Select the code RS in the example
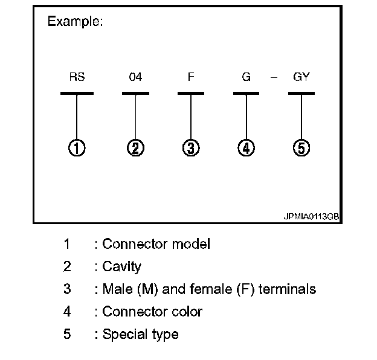tap(77, 77)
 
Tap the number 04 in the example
tap(135, 77)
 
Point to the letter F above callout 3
tap(191, 77)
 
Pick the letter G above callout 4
tap(246, 77)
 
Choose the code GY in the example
tap(301, 77)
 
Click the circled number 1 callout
tap(77, 147)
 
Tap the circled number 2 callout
tap(135, 147)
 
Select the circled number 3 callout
tap(191, 147)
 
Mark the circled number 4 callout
tap(246, 147)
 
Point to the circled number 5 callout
tap(301, 147)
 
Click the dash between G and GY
tap(274, 78)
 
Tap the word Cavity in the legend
tap(122, 267)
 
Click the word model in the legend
tap(190, 245)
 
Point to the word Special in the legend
tap(124, 334)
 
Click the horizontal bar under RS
tap(77, 94)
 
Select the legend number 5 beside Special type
tap(67, 333)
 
